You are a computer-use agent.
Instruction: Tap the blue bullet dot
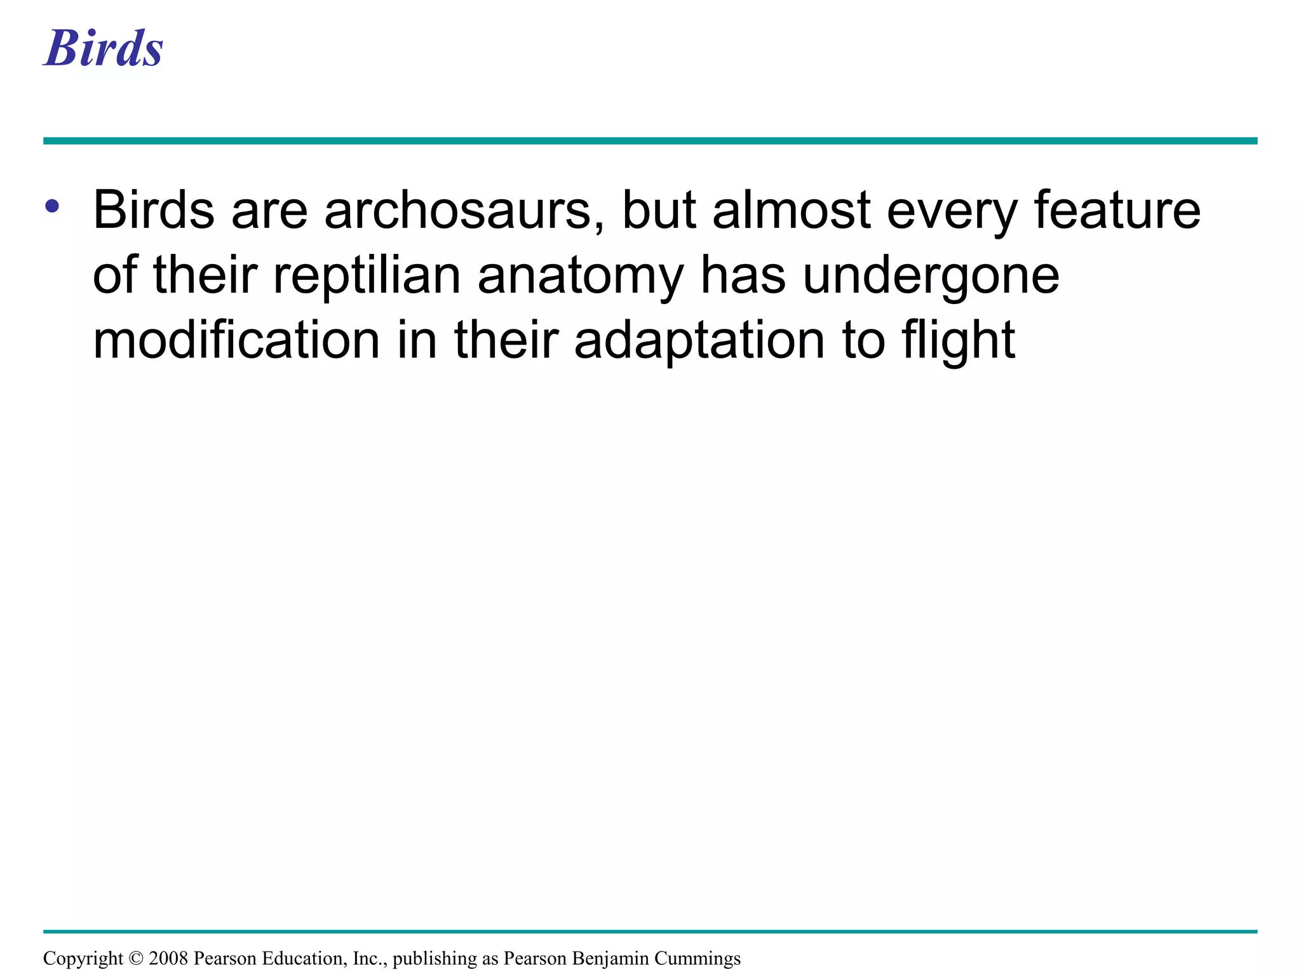coord(52,206)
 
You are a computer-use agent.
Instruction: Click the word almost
coord(791,210)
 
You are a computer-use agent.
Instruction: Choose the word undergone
coord(931,277)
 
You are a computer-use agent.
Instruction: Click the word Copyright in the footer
coord(83,958)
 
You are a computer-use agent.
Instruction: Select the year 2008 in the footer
coord(168,958)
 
